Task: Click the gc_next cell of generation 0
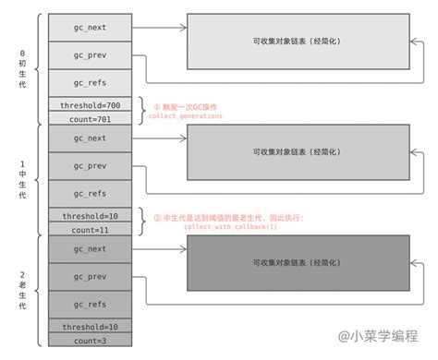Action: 90,28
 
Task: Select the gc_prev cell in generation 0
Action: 90,55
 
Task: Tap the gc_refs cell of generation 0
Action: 90,83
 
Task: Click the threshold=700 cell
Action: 90,104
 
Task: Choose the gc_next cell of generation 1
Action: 90,138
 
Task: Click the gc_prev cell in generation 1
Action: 90,166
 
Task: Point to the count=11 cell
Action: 90,228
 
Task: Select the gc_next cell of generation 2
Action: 90,248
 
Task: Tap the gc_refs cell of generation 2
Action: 90,304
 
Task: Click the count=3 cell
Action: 90,340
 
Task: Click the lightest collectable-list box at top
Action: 295,42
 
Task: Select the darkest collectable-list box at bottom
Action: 295,263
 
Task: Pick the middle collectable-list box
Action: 295,152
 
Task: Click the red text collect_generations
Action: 186,116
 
